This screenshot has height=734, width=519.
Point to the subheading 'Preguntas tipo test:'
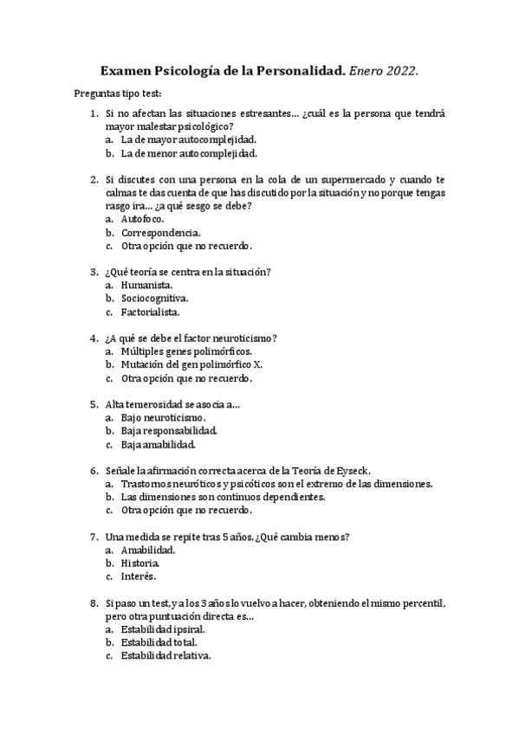[118, 93]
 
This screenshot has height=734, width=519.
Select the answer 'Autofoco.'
[142, 219]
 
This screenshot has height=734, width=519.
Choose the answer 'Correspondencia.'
[162, 233]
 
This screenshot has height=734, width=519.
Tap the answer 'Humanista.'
[146, 285]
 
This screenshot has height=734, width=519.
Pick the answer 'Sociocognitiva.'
[155, 299]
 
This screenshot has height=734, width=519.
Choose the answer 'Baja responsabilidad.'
[169, 431]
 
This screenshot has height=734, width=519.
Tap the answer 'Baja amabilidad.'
[158, 445]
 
